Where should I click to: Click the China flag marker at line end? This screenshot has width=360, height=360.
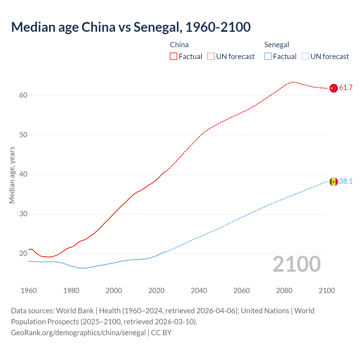tap(333, 88)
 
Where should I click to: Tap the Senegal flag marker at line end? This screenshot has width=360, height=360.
tap(333, 182)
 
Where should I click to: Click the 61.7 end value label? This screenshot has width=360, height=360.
tap(346, 88)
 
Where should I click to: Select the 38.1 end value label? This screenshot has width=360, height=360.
tap(346, 181)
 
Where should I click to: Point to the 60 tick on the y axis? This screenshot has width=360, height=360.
tap(23, 95)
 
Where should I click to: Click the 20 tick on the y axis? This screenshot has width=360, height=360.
tap(23, 254)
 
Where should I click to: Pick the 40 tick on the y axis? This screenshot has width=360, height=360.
tap(23, 174)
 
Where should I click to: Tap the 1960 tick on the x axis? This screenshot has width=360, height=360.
tap(29, 291)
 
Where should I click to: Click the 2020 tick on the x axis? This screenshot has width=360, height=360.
tap(156, 291)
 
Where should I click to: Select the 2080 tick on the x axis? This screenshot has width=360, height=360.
tap(284, 291)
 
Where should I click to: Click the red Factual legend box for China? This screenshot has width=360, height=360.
tap(174, 57)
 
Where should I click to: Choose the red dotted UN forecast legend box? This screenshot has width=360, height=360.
tap(211, 57)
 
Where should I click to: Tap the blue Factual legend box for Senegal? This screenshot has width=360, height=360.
tap(268, 57)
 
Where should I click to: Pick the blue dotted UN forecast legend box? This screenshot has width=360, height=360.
tap(305, 57)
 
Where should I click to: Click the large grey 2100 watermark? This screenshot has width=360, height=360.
tap(297, 264)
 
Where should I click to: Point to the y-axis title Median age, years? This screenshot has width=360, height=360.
tap(12, 175)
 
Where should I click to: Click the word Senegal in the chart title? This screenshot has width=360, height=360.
tap(156, 27)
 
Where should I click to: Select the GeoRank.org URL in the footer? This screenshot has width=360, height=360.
tap(78, 333)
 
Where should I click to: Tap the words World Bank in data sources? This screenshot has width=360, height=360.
tap(75, 311)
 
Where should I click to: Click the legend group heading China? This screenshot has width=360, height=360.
tap(179, 45)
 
